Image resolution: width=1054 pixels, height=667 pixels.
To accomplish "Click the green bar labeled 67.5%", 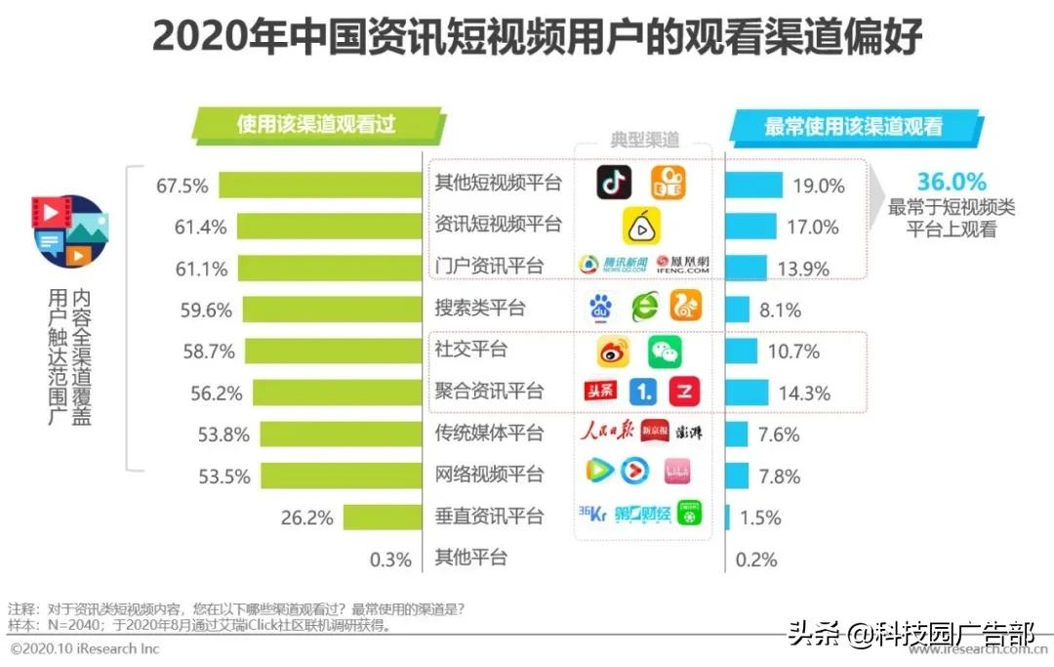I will click(319, 185).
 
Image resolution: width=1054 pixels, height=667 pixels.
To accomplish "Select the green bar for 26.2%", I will click(382, 518).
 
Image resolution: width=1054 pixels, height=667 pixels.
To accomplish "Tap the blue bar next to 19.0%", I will click(753, 185).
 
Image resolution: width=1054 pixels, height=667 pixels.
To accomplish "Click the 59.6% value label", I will click(206, 311).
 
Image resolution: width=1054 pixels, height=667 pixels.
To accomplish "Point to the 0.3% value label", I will click(391, 560).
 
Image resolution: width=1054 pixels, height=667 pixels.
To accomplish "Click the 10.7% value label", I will click(792, 352).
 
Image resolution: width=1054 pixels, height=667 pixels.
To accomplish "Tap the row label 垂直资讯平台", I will click(488, 516).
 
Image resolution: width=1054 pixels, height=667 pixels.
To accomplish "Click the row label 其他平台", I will click(470, 558).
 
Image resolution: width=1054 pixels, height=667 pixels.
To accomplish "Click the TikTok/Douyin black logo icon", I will click(614, 183).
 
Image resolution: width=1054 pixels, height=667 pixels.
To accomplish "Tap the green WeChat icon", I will click(666, 352).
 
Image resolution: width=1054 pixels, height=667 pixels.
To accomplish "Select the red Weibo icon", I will click(613, 352).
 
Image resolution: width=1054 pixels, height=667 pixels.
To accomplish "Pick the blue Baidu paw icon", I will click(601, 309).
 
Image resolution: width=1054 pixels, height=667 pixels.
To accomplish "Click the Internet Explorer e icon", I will click(644, 309).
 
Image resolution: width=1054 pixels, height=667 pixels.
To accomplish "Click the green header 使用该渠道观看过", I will click(316, 125).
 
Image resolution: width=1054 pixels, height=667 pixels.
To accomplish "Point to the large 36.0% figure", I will click(951, 182).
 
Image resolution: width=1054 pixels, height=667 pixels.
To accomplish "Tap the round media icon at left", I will click(70, 230).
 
